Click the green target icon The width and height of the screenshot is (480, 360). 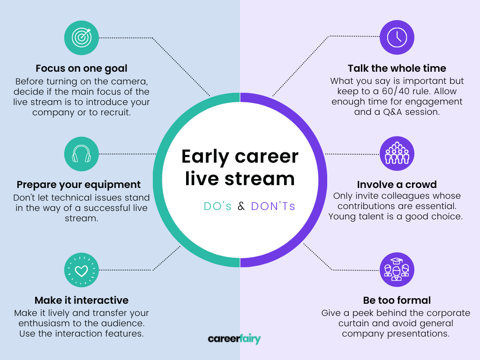click(x=82, y=37)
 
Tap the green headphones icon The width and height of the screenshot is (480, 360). click(x=82, y=154)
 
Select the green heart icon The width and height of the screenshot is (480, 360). click(x=82, y=270)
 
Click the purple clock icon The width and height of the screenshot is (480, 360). click(x=397, y=37)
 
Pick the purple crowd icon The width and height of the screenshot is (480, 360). click(x=397, y=154)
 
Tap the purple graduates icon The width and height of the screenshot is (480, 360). click(x=397, y=270)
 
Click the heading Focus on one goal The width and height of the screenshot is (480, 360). click(x=82, y=68)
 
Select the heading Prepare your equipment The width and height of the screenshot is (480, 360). click(x=79, y=185)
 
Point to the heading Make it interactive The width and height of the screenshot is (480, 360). click(x=82, y=300)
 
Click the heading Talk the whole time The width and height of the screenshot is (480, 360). click(x=397, y=68)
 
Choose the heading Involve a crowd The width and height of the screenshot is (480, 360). click(x=397, y=185)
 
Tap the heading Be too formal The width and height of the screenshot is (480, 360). click(x=397, y=300)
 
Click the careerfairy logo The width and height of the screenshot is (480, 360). click(x=234, y=338)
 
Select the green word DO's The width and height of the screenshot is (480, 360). click(x=217, y=206)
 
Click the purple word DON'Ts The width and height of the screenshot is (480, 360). click(x=273, y=206)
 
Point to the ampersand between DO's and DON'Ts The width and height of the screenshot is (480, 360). click(x=241, y=206)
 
